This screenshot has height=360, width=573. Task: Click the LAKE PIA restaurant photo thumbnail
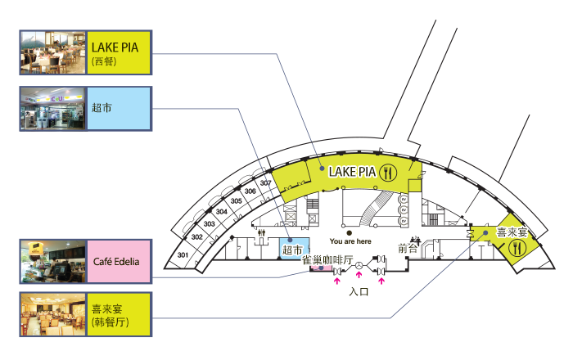(52, 53)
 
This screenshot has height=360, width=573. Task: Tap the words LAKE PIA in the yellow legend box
(115, 47)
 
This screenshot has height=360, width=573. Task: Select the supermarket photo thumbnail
(52, 108)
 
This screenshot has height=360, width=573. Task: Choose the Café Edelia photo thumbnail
(52, 262)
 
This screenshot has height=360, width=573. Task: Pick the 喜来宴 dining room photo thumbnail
(52, 315)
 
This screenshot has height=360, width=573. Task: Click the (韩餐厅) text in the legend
(111, 322)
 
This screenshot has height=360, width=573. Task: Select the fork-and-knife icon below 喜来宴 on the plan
(517, 250)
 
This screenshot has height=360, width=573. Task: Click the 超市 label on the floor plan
(292, 250)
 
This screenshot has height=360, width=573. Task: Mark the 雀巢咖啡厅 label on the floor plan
(327, 260)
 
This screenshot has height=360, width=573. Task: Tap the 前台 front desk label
(408, 248)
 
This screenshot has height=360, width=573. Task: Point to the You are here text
(350, 241)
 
